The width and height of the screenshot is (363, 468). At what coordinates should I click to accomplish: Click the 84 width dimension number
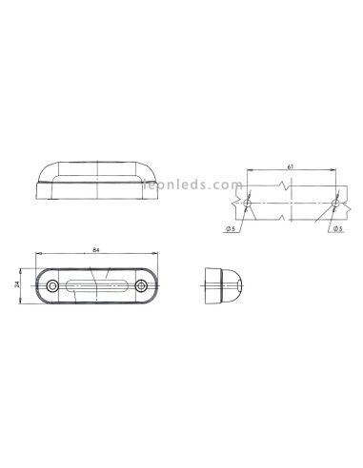tap(96, 251)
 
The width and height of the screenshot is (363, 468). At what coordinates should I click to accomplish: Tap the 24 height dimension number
tap(20, 285)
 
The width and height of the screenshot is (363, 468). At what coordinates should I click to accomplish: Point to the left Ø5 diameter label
tap(232, 229)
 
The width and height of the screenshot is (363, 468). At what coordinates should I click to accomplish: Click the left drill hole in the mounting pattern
tap(246, 204)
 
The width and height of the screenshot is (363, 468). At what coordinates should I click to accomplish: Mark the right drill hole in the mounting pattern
tap(335, 204)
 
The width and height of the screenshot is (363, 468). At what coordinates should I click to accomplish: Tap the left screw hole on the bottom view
tap(53, 286)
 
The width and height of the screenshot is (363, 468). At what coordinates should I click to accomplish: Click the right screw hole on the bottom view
tap(140, 286)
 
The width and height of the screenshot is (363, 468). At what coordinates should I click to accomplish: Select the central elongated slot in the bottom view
tap(96, 286)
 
